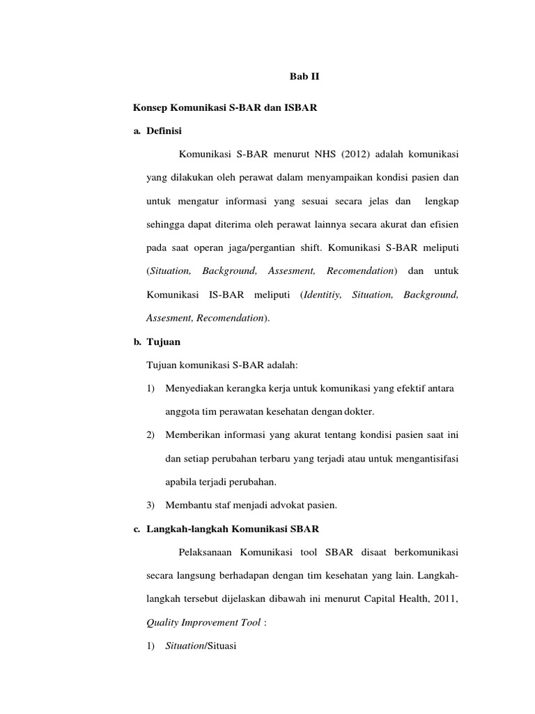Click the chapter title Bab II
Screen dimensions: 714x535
point(304,77)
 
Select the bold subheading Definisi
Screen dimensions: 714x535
point(165,130)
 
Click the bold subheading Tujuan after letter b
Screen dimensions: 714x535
point(164,342)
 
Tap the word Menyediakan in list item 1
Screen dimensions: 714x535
point(196,387)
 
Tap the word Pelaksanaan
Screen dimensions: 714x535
point(208,552)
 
